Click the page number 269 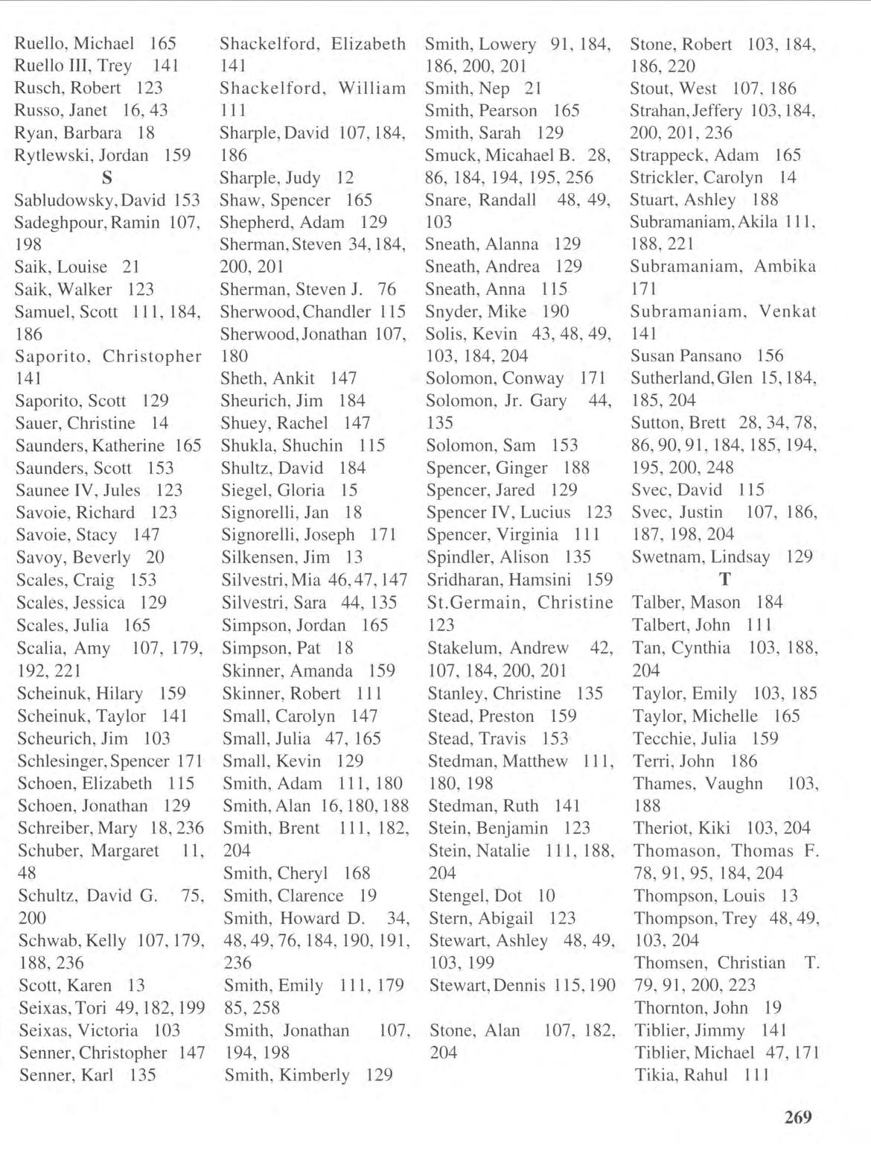point(797,1117)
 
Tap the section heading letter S point(107,178)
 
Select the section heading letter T point(724,580)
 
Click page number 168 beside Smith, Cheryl point(357,873)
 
